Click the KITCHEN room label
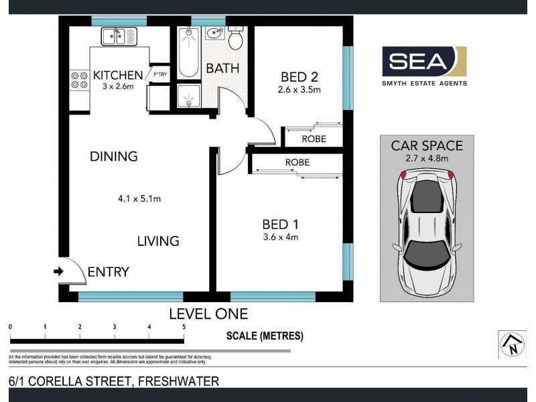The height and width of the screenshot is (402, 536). pyautogui.click(x=118, y=75)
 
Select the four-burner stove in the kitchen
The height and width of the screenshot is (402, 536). pyautogui.click(x=79, y=80)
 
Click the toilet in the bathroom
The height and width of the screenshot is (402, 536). pyautogui.click(x=235, y=40)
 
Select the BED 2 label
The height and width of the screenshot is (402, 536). pyautogui.click(x=299, y=76)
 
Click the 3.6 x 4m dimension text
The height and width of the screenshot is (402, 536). pyautogui.click(x=279, y=237)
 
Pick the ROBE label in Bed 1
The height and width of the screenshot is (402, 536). pyautogui.click(x=297, y=162)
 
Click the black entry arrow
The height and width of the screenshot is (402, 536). pyautogui.click(x=58, y=272)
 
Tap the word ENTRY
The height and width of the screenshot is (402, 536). pyautogui.click(x=109, y=272)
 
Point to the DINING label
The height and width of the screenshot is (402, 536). pyautogui.click(x=113, y=157)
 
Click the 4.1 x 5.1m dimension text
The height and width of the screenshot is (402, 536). pyautogui.click(x=139, y=198)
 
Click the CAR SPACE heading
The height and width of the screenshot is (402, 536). pyautogui.click(x=427, y=145)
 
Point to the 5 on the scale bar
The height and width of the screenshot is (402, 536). pyautogui.click(x=184, y=326)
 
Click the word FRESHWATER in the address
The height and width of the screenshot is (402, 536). pyautogui.click(x=180, y=381)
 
